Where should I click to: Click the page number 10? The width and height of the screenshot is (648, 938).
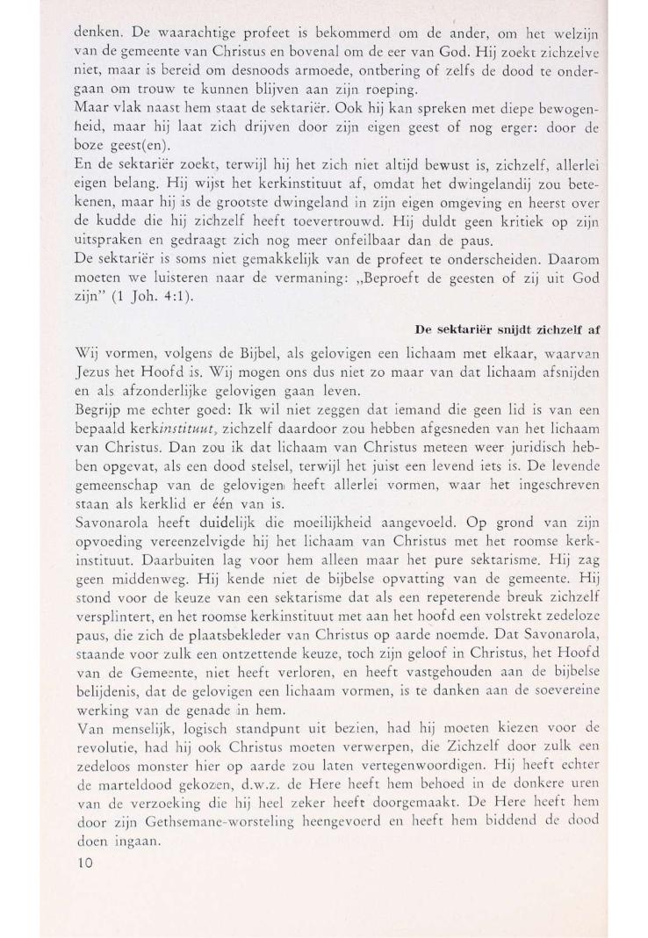pos(85,862)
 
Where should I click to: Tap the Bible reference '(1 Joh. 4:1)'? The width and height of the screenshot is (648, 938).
pos(145,298)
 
